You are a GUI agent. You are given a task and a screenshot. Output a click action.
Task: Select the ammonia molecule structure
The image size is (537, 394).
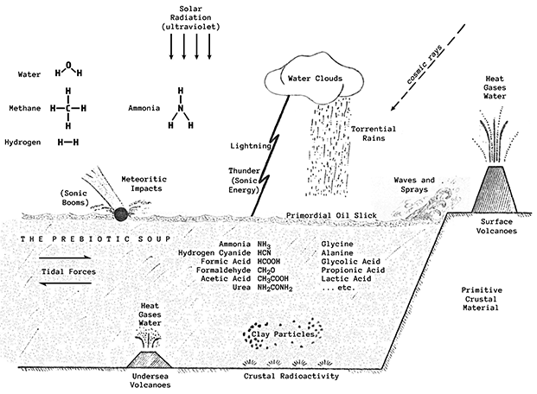coord(181,110)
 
